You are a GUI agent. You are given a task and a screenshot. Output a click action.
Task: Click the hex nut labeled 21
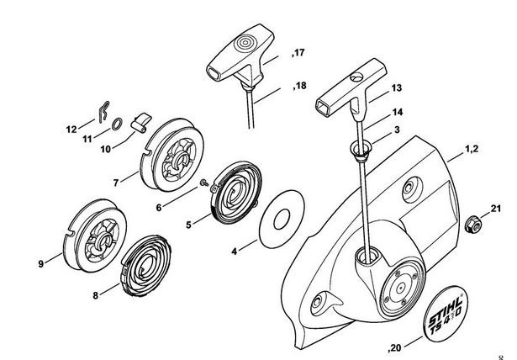pyautogui.click(x=472, y=225)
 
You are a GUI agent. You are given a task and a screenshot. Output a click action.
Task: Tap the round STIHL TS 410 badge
pyautogui.click(x=445, y=314)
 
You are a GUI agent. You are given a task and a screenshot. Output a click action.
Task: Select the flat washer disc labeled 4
pyautogui.click(x=282, y=219)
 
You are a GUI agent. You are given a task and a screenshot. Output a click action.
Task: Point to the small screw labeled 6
pyautogui.click(x=204, y=183)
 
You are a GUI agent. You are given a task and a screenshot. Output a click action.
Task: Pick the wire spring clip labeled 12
pyautogui.click(x=104, y=111)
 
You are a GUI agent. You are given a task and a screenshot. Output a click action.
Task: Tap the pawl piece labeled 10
pyautogui.click(x=140, y=123)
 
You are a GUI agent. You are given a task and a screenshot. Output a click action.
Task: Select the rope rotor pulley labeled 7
pyautogui.click(x=171, y=155)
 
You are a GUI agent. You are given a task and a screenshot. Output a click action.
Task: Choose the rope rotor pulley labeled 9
pyautogui.click(x=95, y=236)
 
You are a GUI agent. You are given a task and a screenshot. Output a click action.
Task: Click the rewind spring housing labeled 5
pyautogui.click(x=235, y=193)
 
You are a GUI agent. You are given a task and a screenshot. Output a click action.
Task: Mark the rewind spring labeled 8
pyautogui.click(x=145, y=265)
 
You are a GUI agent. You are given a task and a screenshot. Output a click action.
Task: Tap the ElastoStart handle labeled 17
pyautogui.click(x=240, y=56)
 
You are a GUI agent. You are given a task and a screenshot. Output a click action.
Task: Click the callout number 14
pyautogui.click(x=398, y=112)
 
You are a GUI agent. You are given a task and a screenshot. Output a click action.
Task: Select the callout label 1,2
pyautogui.click(x=472, y=149)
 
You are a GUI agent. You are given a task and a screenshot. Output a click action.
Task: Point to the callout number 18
pyautogui.click(x=300, y=86)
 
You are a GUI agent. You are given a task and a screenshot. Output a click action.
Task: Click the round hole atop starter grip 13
pyautogui.click(x=356, y=77)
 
